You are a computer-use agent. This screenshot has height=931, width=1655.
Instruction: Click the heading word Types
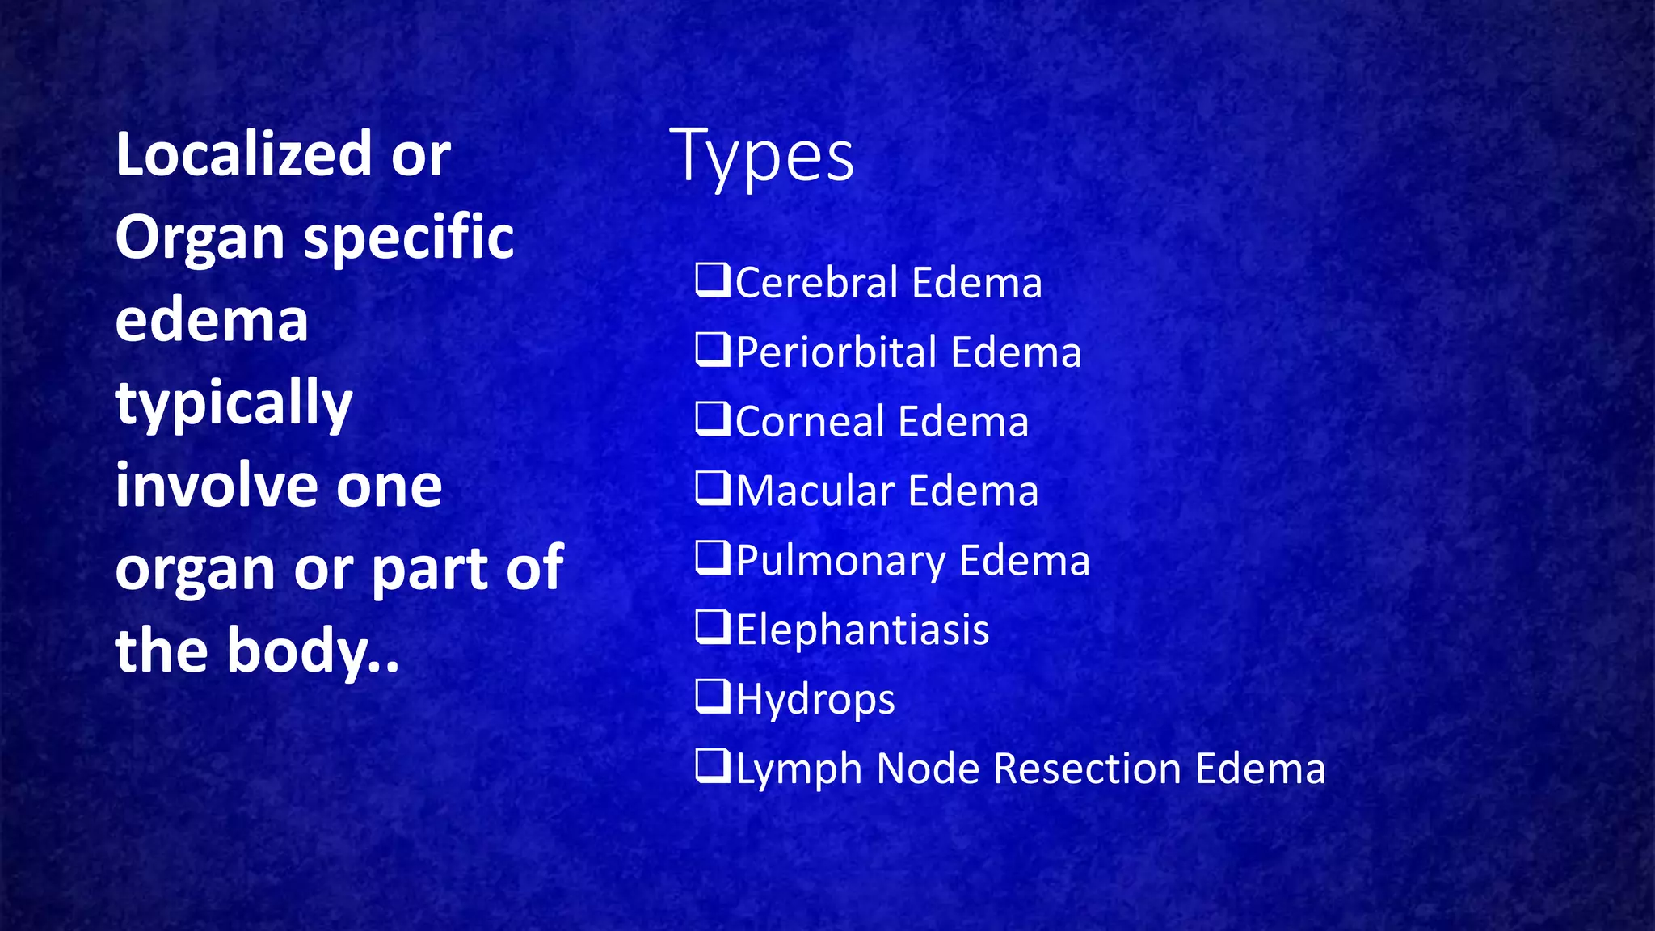761,156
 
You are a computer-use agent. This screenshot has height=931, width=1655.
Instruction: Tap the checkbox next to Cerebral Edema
713,280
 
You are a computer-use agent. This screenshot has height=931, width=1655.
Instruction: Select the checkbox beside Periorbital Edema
713,350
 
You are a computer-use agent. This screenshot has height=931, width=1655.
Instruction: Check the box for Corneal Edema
713,419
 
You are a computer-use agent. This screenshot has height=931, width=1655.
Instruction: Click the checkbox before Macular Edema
713,489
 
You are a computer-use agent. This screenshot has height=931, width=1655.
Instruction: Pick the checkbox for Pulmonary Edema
713,558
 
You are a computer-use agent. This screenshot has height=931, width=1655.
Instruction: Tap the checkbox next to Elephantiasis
713,628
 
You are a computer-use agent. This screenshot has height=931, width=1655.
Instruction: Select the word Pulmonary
841,562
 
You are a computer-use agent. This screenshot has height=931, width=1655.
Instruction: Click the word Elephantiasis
862,630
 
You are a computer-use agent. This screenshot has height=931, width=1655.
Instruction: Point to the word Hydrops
815,700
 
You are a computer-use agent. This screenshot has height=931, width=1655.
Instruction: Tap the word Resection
1087,769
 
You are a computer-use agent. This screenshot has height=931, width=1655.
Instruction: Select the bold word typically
234,404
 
